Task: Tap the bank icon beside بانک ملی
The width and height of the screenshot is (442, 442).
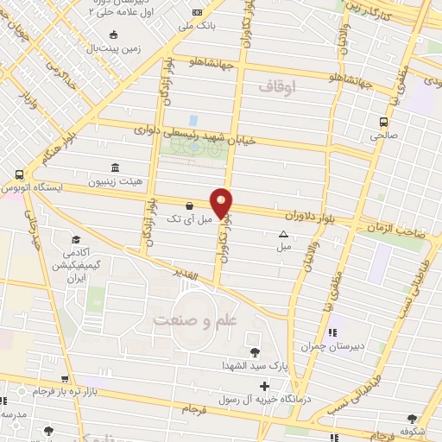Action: point(199,12)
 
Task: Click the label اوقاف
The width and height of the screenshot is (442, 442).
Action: point(276,87)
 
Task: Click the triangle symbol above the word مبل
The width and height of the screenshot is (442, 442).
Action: point(283,234)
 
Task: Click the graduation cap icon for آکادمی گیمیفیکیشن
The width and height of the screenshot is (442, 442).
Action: point(76,239)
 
